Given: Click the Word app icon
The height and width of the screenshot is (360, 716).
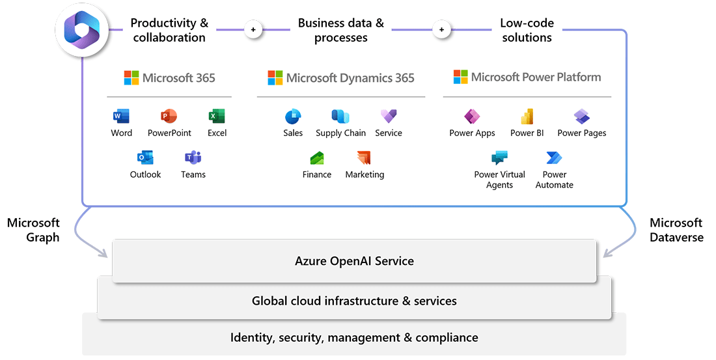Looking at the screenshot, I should pyautogui.click(x=121, y=117).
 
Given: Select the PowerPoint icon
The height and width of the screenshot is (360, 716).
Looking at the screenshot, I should pyautogui.click(x=169, y=117).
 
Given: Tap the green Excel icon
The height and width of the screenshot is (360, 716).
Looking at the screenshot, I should pyautogui.click(x=217, y=117).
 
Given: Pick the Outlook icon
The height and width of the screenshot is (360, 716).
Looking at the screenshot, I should pyautogui.click(x=145, y=158).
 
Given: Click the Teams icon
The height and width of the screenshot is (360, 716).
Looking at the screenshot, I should pyautogui.click(x=193, y=158).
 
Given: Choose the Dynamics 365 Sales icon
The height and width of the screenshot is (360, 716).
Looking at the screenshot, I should pyautogui.click(x=293, y=117).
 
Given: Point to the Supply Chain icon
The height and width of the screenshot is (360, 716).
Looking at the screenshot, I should pyautogui.click(x=340, y=117).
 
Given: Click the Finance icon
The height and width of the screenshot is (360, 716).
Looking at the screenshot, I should pyautogui.click(x=317, y=158).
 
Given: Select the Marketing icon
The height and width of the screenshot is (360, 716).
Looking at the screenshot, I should pyautogui.click(x=364, y=158).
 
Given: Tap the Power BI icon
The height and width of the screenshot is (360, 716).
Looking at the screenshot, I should pyautogui.click(x=527, y=117).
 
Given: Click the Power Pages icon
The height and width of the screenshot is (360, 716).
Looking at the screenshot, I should pyautogui.click(x=581, y=117).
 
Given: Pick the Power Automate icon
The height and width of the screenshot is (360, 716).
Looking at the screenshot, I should pyautogui.click(x=554, y=158).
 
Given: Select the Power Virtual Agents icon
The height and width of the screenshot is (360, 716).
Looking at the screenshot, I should pyautogui.click(x=499, y=158).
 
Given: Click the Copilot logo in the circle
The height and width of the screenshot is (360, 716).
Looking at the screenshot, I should pyautogui.click(x=82, y=31).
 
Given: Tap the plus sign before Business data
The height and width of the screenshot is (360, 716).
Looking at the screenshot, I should pyautogui.click(x=253, y=30).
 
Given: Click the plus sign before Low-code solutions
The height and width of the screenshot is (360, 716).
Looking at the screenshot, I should pyautogui.click(x=441, y=30).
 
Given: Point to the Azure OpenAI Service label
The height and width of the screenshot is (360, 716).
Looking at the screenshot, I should pyautogui.click(x=354, y=261).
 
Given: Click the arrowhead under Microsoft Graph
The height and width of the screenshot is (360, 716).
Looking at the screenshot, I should pyautogui.click(x=105, y=254).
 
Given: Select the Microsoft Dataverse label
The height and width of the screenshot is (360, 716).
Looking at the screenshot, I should pyautogui.click(x=676, y=230).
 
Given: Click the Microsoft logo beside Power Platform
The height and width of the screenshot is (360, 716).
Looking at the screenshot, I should pyautogui.click(x=461, y=77).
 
